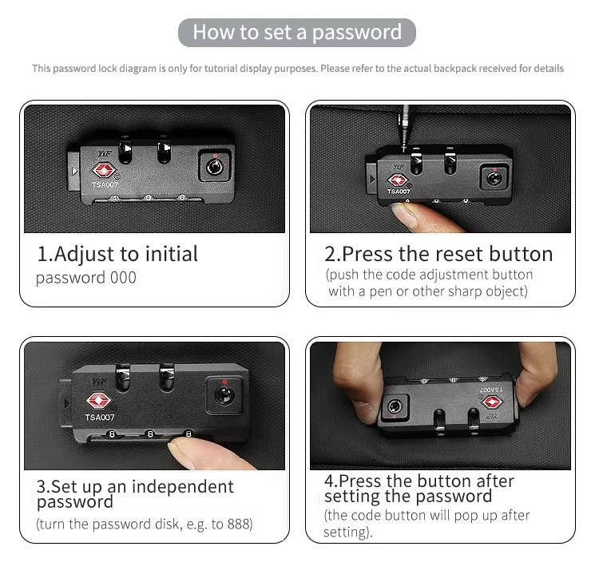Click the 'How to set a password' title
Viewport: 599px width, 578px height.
[x=297, y=33]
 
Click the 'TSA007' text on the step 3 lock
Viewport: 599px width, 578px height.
[x=100, y=418]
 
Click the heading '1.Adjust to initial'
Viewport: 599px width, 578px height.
[x=117, y=255]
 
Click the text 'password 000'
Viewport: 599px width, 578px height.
[x=86, y=278]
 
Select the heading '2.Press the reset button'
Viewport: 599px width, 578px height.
[x=438, y=255]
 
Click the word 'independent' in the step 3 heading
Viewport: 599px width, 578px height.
[x=183, y=487]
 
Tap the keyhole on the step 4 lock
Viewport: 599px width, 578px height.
[x=392, y=407]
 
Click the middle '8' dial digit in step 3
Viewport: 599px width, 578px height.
[x=149, y=434]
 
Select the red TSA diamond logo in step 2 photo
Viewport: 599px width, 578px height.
[x=397, y=180]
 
